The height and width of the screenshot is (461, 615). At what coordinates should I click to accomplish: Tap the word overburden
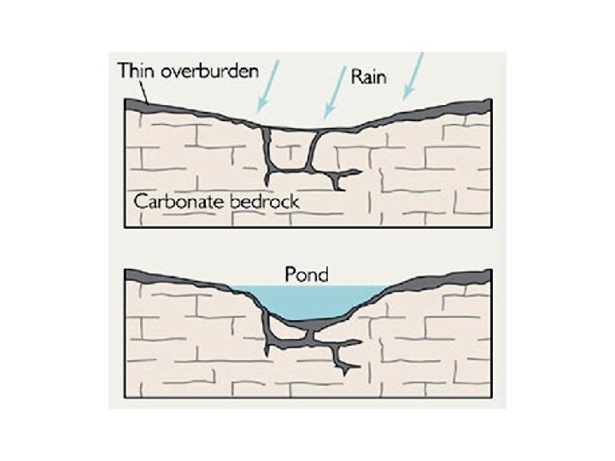(209, 70)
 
